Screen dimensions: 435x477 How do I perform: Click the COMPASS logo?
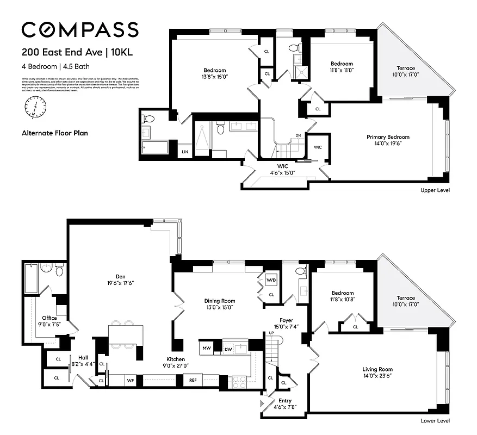[80, 29]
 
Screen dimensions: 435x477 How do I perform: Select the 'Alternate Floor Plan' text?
[54, 133]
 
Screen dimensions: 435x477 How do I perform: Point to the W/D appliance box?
[271, 281]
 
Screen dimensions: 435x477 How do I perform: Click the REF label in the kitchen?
[193, 381]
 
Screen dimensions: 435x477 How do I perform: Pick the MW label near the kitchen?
[207, 347]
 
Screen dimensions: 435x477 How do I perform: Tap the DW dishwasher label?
[228, 349]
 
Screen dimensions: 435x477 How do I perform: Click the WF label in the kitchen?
[131, 381]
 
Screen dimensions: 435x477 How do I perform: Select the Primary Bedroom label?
[388, 137]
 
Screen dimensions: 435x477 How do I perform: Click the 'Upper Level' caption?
[435, 190]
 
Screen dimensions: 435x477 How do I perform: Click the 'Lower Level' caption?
[435, 421]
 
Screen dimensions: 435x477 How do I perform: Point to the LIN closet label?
[184, 151]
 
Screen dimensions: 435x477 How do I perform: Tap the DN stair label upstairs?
[298, 135]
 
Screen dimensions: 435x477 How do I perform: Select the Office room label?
[49, 318]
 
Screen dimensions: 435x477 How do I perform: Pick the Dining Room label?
[219, 301]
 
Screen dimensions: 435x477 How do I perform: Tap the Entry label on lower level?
[284, 401]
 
